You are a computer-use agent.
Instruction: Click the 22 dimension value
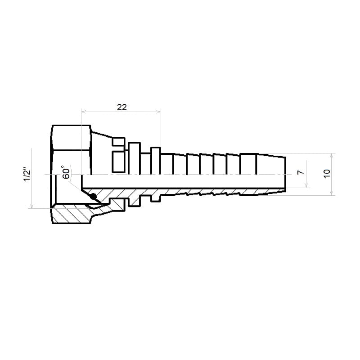pos(121,107)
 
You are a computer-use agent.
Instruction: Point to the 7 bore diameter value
pos(301,172)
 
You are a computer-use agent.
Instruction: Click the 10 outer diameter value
pos(327,173)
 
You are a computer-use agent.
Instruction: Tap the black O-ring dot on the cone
pos(93,197)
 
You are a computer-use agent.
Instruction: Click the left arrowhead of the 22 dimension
pos(84,112)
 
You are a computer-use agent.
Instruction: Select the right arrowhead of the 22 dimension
pos(158,112)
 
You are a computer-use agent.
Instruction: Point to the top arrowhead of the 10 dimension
pos(331,156)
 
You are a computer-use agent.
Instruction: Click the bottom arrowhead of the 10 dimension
pos(331,193)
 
